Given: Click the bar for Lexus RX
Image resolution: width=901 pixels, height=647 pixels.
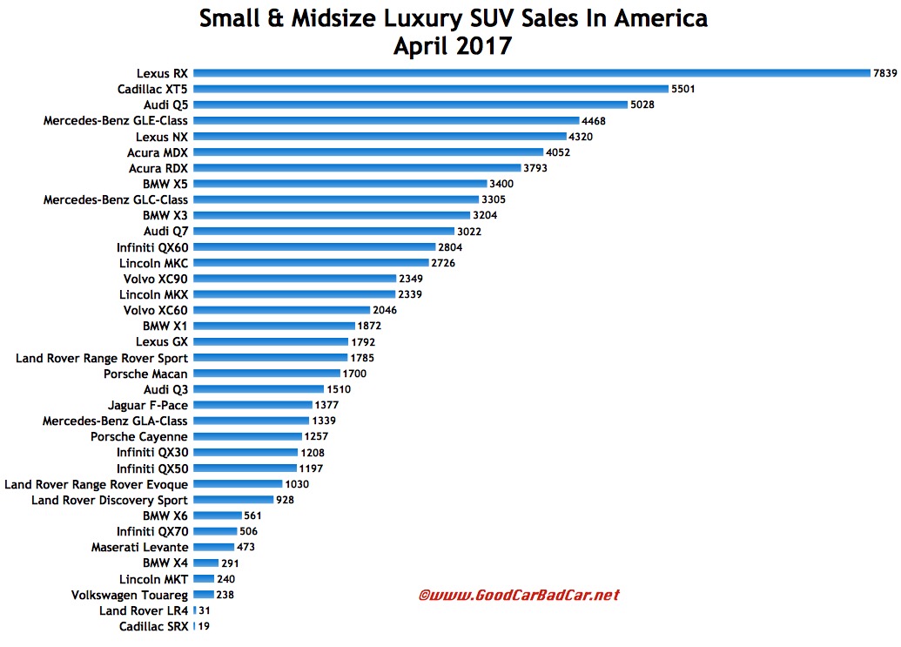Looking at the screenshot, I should pos(531,73).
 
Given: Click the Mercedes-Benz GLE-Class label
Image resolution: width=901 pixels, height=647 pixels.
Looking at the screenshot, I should pos(116,120).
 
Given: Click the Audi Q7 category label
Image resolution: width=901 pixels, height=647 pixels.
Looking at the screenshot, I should pos(166,231).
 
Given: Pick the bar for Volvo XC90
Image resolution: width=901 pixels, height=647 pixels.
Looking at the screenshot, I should pos(292,279).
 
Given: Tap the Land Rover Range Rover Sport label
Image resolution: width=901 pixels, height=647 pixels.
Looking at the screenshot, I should pos(102,358).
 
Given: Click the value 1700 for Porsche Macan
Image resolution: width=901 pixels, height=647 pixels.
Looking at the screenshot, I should pos(353,374).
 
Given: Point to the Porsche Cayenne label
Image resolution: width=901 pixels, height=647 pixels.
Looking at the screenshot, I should pos(139,436).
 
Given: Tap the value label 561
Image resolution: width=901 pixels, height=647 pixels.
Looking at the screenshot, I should pos(254,516).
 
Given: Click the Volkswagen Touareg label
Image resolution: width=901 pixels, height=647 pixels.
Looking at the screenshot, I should pos(129,595).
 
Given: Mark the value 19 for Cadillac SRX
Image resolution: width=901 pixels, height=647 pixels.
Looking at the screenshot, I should pos(203,626).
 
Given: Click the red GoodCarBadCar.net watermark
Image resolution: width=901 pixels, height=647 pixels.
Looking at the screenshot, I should pos(519,596).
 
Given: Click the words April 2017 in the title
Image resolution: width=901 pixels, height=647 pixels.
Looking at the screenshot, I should pos(452,45).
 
